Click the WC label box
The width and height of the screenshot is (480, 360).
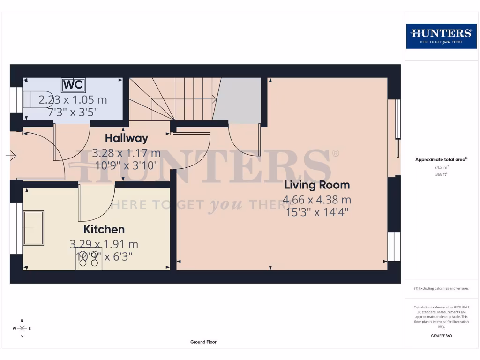(x=74, y=85)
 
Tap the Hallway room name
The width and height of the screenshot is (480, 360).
(x=126, y=138)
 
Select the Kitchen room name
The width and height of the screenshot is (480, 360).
(x=104, y=229)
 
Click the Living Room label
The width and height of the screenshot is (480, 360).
(x=317, y=185)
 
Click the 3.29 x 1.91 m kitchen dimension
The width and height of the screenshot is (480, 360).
(x=104, y=244)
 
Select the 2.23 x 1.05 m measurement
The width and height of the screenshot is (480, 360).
(x=73, y=100)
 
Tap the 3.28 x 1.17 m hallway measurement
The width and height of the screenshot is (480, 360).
(x=126, y=153)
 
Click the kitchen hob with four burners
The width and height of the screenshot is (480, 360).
(x=89, y=260)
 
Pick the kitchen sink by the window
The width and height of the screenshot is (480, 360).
(x=34, y=228)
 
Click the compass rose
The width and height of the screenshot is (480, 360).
(x=22, y=328)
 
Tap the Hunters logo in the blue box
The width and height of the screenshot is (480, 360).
(x=441, y=36)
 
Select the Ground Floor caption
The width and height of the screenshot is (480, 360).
(x=203, y=342)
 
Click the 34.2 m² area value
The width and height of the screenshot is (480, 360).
(x=441, y=167)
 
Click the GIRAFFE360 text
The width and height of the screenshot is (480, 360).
(x=441, y=336)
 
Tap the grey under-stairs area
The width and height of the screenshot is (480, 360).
(x=240, y=99)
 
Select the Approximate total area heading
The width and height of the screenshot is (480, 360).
(x=441, y=160)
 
